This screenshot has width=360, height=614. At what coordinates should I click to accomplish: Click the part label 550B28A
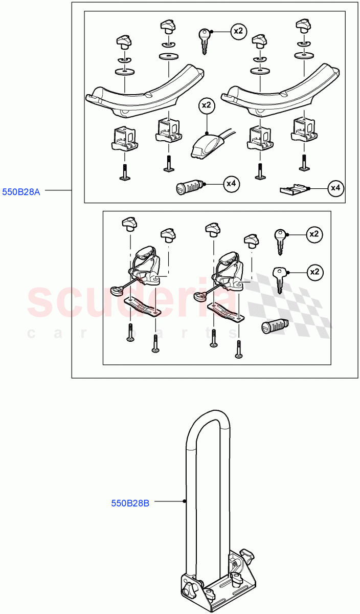pos(21,192)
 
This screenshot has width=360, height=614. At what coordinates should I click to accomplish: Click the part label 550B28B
pos(130,503)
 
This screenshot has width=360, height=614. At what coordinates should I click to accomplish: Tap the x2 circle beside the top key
pos(238,31)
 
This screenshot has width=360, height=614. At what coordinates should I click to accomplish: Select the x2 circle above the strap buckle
pos(207,105)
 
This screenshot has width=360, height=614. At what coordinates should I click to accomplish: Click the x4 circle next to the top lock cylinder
pos(232,184)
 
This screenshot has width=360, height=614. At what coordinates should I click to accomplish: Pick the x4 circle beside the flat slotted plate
pos(335,188)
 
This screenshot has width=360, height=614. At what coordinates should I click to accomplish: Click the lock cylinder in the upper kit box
pos(189,187)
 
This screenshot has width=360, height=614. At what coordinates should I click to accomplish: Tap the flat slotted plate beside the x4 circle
pos(294,189)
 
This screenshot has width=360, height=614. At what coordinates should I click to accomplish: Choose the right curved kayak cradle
pos(280,91)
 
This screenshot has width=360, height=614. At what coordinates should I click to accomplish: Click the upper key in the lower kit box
pos(280,242)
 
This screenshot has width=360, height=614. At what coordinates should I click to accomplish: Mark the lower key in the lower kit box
pos(279,280)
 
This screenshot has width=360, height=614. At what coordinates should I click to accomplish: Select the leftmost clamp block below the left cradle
pos(124,139)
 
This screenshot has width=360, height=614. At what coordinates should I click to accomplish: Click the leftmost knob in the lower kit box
pos(129,224)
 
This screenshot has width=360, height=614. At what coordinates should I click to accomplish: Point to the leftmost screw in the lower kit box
pos(130,333)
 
